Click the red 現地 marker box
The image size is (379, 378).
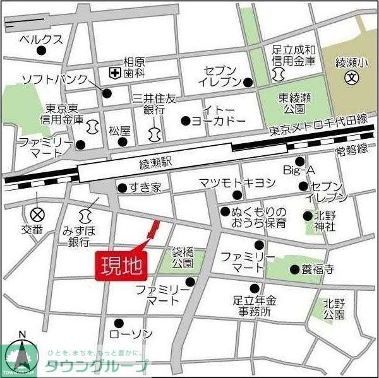[x=122, y=264]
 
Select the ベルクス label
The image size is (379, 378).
[x=42, y=39]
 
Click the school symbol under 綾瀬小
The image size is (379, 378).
[x=352, y=78]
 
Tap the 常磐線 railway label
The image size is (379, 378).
[x=351, y=150]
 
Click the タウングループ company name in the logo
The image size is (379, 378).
[x=97, y=367]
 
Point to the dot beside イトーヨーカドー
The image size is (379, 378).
[x=186, y=121]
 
